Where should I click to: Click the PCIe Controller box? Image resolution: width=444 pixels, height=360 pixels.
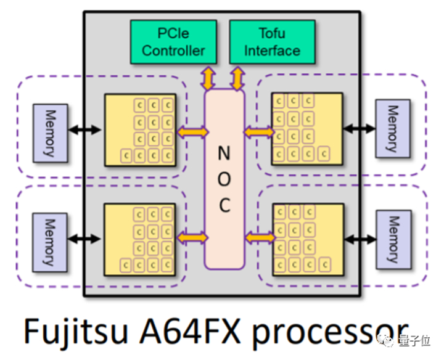173,42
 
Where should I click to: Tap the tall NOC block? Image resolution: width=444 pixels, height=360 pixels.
224,179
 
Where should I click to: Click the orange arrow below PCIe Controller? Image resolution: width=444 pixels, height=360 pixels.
208,78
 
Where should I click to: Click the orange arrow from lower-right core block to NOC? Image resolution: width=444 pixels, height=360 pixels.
260,237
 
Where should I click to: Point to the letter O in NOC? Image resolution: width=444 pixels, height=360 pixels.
224,178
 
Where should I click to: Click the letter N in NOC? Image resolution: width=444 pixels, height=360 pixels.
224,151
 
